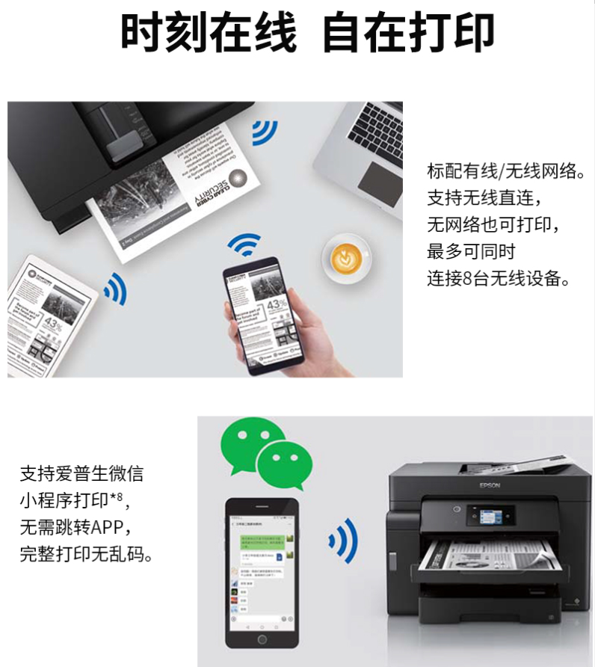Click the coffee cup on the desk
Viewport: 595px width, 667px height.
click(x=345, y=258)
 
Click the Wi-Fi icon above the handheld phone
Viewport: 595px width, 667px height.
click(x=244, y=244)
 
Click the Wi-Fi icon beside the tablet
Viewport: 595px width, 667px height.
click(x=116, y=288)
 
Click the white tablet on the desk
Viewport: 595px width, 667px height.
click(x=49, y=314)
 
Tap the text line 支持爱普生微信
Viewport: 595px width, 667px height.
click(x=81, y=473)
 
